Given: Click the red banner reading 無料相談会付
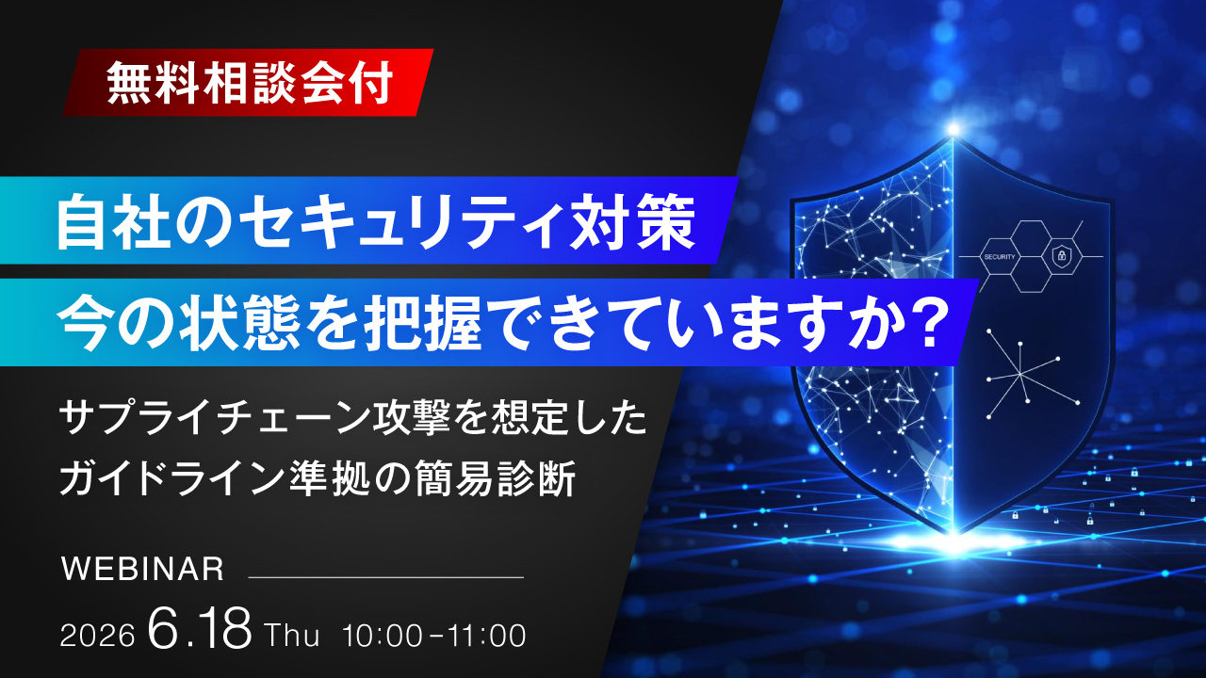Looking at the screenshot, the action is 248,82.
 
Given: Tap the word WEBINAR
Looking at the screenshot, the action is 142,569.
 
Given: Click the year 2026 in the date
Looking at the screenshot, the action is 97,637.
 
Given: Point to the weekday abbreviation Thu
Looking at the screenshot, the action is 292,636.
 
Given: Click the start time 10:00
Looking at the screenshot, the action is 383,636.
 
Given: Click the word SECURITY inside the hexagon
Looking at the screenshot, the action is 1000,257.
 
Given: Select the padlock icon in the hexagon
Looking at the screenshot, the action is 1061,254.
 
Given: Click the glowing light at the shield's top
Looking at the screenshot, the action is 953,129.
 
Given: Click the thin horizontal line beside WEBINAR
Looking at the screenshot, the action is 385,577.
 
